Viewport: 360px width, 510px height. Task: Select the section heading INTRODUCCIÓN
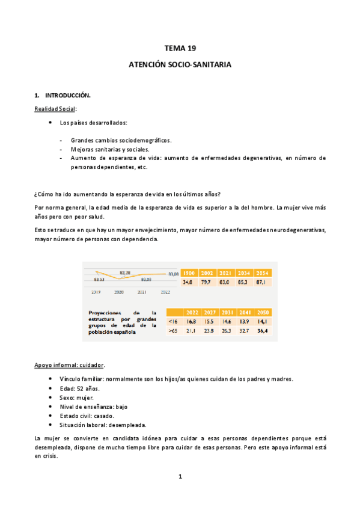(68, 96)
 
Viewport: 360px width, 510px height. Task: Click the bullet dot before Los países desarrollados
(49, 123)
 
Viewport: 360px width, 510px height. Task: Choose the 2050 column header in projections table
(263, 312)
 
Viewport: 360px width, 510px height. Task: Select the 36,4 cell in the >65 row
(263, 330)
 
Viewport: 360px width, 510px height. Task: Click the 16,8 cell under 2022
(193, 321)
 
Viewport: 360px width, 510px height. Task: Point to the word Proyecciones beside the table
(108, 313)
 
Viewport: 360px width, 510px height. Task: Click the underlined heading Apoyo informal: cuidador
(69, 365)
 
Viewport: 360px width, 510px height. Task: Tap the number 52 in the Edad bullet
(79, 389)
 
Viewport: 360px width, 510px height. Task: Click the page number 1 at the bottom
(180, 476)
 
